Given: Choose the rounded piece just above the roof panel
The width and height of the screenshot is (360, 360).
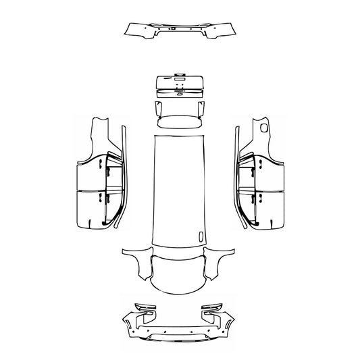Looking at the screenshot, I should (x=180, y=122).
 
